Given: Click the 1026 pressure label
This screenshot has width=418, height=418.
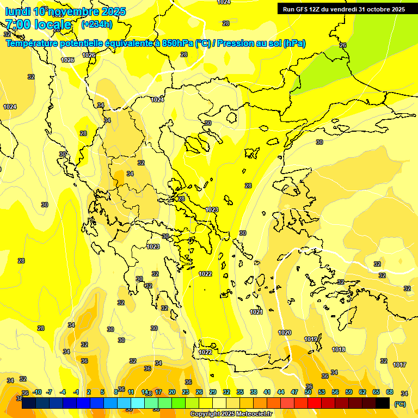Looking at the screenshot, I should click(x=89, y=55).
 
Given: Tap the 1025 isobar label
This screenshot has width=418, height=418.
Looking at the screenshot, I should click(x=68, y=60).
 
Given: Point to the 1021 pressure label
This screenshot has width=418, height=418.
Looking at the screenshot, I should click(x=256, y=312).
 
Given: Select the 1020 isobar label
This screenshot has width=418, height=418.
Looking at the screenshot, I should click(x=285, y=333).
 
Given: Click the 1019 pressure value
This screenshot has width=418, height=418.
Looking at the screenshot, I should click(x=311, y=339).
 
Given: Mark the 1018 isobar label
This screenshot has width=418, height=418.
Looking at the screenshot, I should click(x=339, y=349).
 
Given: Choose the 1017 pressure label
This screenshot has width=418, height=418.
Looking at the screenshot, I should click(x=399, y=365).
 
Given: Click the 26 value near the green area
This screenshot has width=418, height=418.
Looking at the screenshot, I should click(x=343, y=45).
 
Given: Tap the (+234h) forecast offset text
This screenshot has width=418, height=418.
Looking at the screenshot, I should click(x=96, y=24).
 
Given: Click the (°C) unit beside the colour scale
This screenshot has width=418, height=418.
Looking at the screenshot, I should click(x=399, y=404).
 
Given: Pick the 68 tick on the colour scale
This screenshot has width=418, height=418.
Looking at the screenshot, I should click(x=390, y=392).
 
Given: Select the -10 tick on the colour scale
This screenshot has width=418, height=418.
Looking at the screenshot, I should click(x=37, y=392).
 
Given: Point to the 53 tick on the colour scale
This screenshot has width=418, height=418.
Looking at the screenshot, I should click(x=322, y=392).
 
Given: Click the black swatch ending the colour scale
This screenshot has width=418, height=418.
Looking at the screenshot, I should click(x=383, y=403).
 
